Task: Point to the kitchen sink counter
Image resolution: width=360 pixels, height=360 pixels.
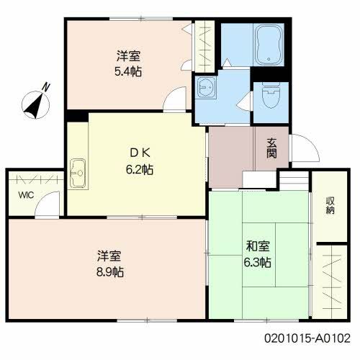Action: pyautogui.click(x=78, y=174)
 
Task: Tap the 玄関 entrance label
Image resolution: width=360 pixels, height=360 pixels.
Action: pyautogui.click(x=271, y=149)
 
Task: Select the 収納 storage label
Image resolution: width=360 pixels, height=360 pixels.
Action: pyautogui.click(x=330, y=205)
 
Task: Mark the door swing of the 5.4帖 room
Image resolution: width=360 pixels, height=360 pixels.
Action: pyautogui.click(x=174, y=102)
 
